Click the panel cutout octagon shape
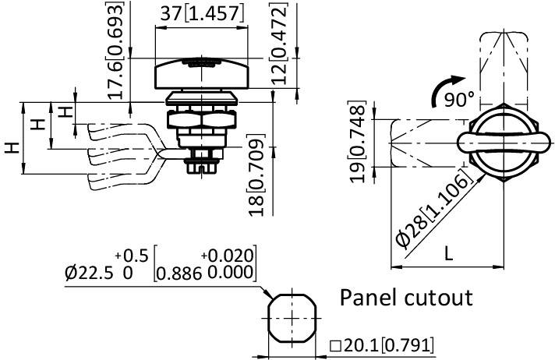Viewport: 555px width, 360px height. coord(291,319)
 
